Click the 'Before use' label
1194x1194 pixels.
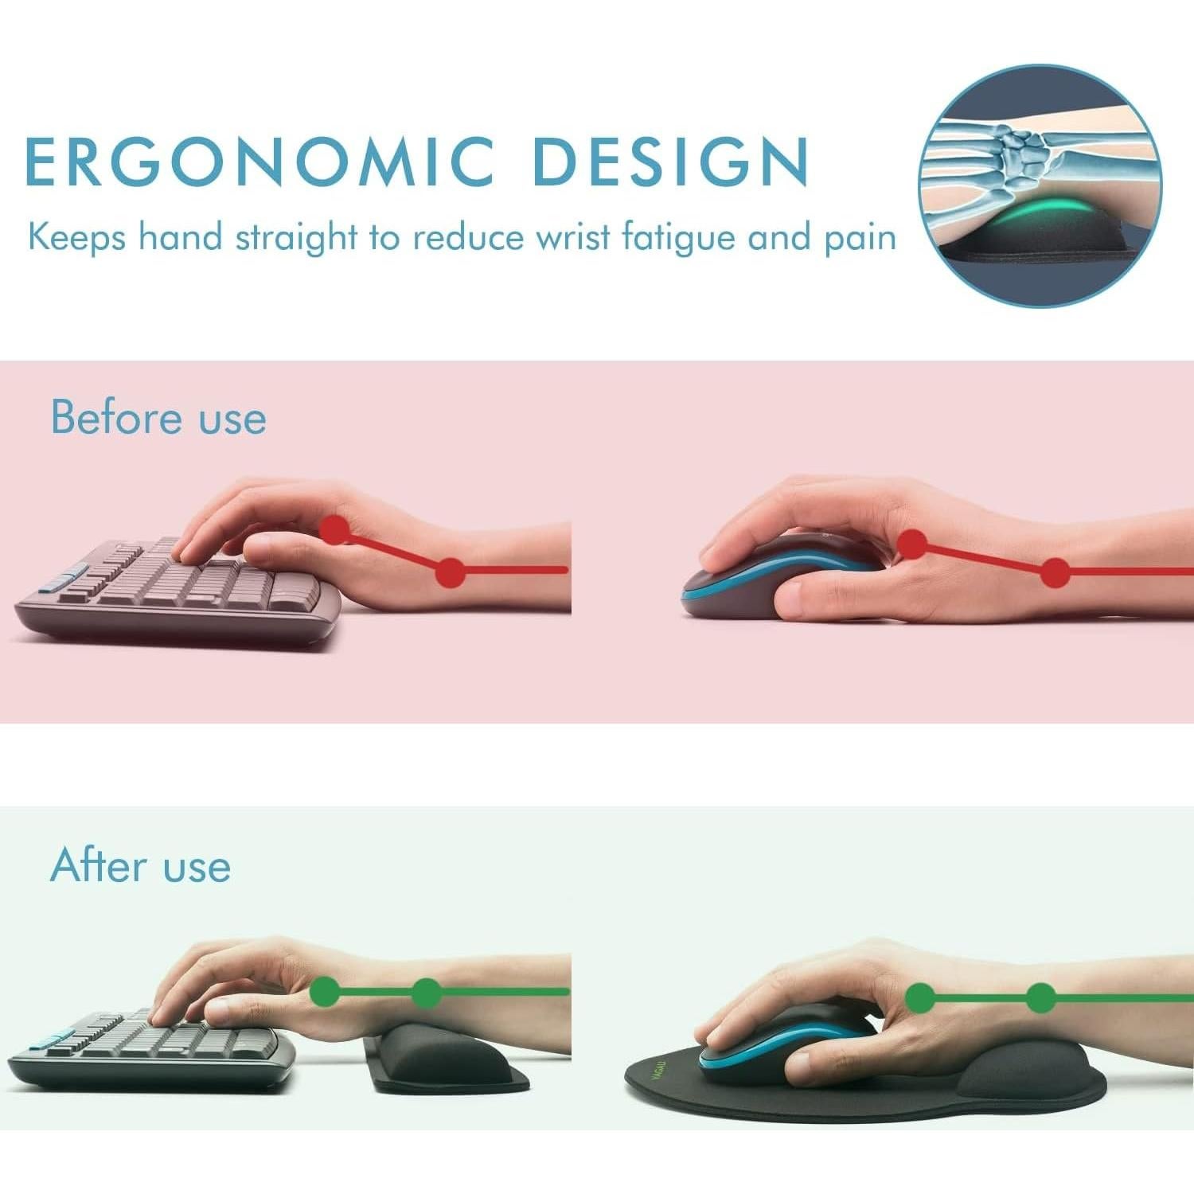(158, 417)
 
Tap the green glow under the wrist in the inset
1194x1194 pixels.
(1035, 213)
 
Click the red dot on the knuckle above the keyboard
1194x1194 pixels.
(335, 529)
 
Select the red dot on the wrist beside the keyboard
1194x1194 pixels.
(451, 572)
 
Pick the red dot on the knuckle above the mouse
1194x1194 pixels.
(911, 544)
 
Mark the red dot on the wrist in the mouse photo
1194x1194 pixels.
(1055, 572)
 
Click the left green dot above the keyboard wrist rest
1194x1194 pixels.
(324, 992)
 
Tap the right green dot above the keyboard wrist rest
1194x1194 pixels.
(427, 992)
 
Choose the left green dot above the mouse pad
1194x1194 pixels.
(920, 997)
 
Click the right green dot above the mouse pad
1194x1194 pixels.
(1040, 997)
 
